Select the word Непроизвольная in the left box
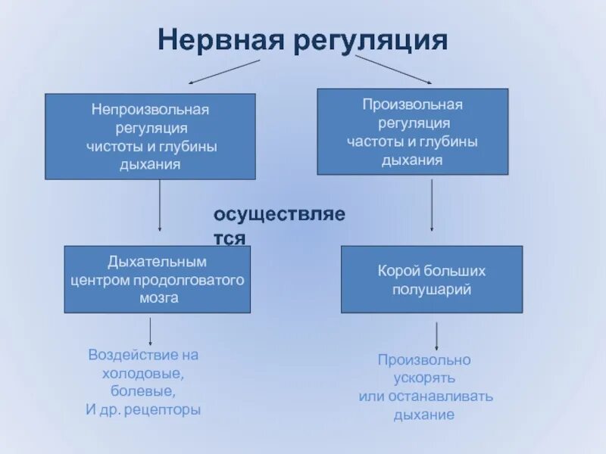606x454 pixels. [151, 110]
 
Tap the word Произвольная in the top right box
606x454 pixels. [412, 104]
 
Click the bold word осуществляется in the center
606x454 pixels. [279, 215]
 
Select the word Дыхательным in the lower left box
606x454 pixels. [157, 262]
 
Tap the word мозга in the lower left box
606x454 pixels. [158, 297]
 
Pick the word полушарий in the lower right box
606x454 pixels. [432, 289]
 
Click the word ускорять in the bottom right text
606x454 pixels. [423, 378]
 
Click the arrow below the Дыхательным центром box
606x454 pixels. [150, 331]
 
